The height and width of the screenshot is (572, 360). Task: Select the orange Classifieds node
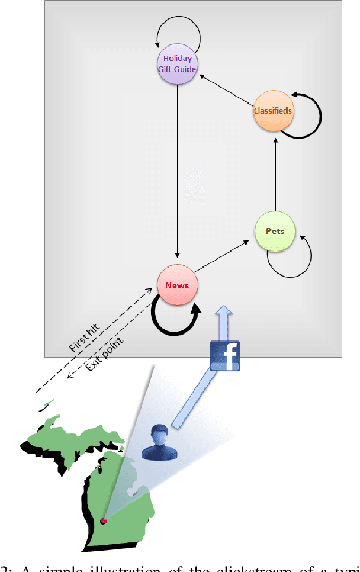(273, 111)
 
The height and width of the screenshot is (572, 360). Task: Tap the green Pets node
(275, 231)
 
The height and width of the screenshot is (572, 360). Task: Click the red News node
(177, 285)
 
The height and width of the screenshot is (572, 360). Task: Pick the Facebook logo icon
(225, 356)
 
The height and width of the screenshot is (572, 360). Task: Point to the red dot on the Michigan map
(103, 521)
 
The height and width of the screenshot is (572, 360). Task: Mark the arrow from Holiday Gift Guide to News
(177, 172)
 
